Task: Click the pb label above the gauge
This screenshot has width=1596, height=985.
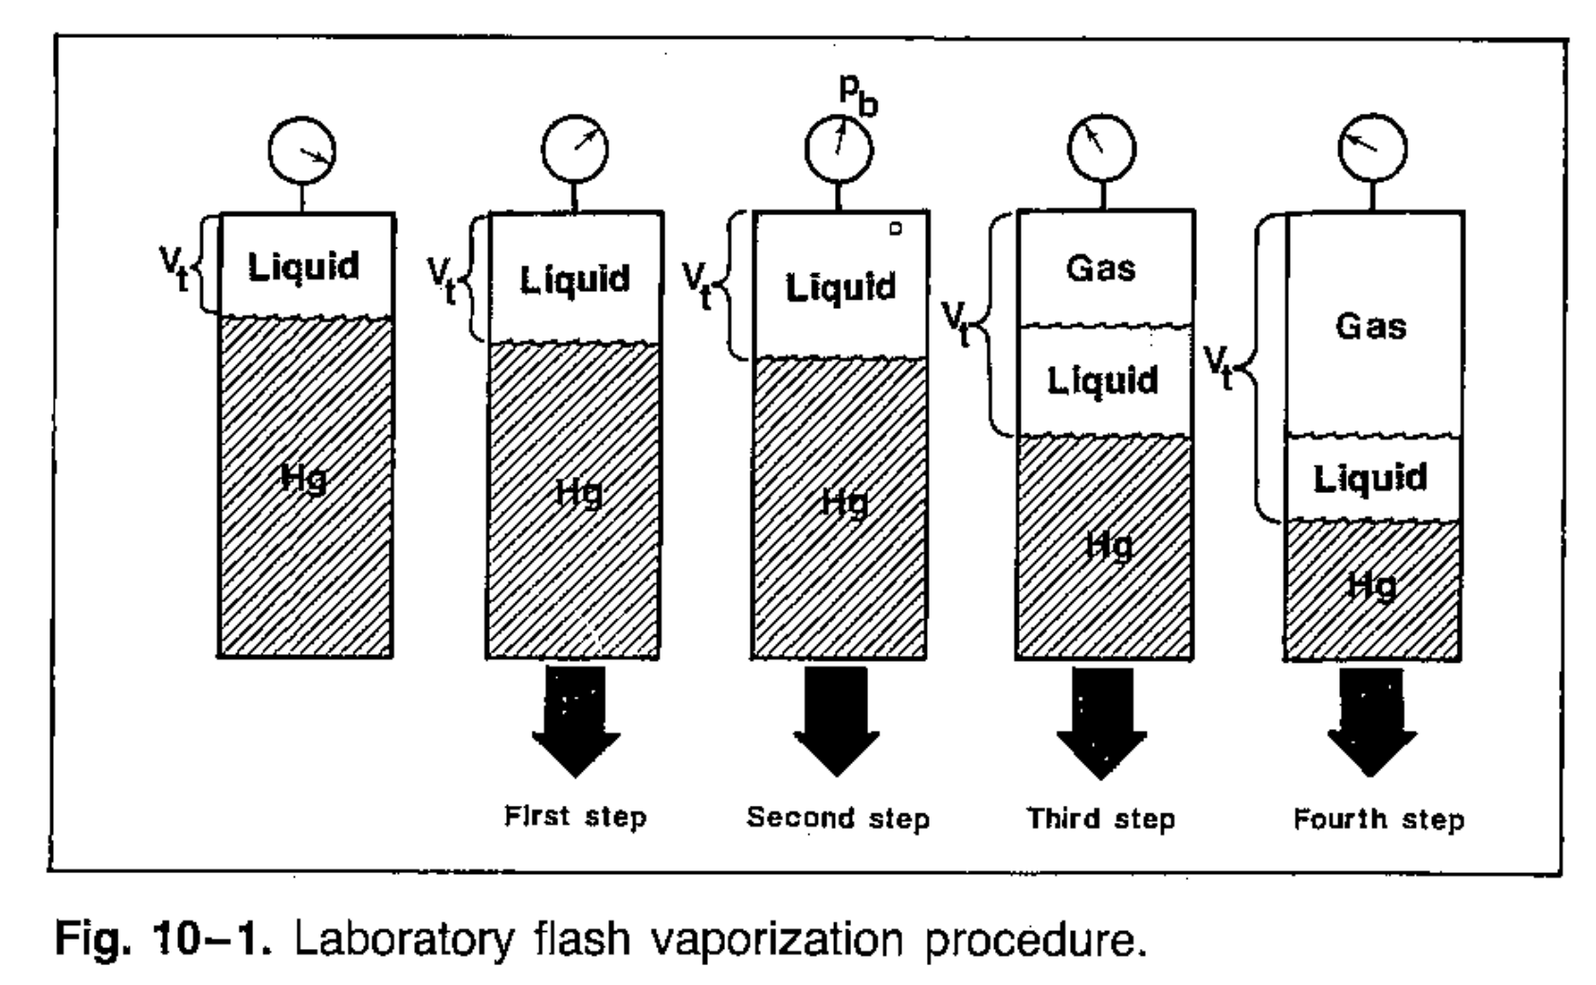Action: click(x=858, y=94)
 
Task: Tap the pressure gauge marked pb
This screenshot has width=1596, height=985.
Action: click(x=839, y=150)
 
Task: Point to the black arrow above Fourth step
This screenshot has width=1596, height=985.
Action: click(x=1371, y=721)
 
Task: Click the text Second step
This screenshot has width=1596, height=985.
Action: click(x=838, y=817)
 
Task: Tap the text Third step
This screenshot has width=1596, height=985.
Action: click(x=1100, y=817)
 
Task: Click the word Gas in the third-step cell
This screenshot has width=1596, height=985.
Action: click(x=1100, y=268)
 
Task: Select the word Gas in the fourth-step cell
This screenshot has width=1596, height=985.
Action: click(x=1370, y=326)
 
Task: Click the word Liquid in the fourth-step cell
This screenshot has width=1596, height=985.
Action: click(x=1369, y=478)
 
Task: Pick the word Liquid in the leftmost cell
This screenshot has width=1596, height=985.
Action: click(x=303, y=266)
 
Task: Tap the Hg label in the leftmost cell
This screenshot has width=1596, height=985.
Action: click(x=303, y=479)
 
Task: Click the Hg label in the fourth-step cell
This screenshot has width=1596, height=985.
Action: click(x=1371, y=586)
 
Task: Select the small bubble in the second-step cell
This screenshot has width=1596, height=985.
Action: click(x=896, y=228)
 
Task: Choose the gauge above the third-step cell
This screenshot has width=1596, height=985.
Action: click(x=1101, y=150)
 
